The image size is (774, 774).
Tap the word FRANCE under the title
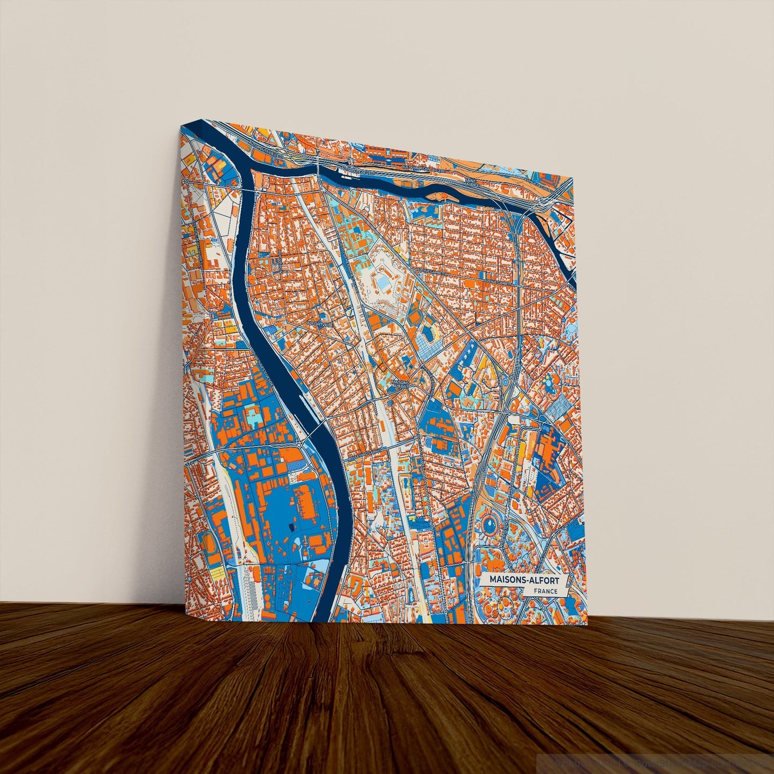pyautogui.click(x=545, y=591)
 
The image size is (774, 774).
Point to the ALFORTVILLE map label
pyautogui.click(x=319, y=324)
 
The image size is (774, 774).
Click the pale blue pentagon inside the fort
pyautogui.click(x=384, y=282)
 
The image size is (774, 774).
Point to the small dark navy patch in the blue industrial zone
pyautogui.click(x=292, y=528)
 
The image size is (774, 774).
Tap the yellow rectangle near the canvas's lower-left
pyautogui.click(x=216, y=574)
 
